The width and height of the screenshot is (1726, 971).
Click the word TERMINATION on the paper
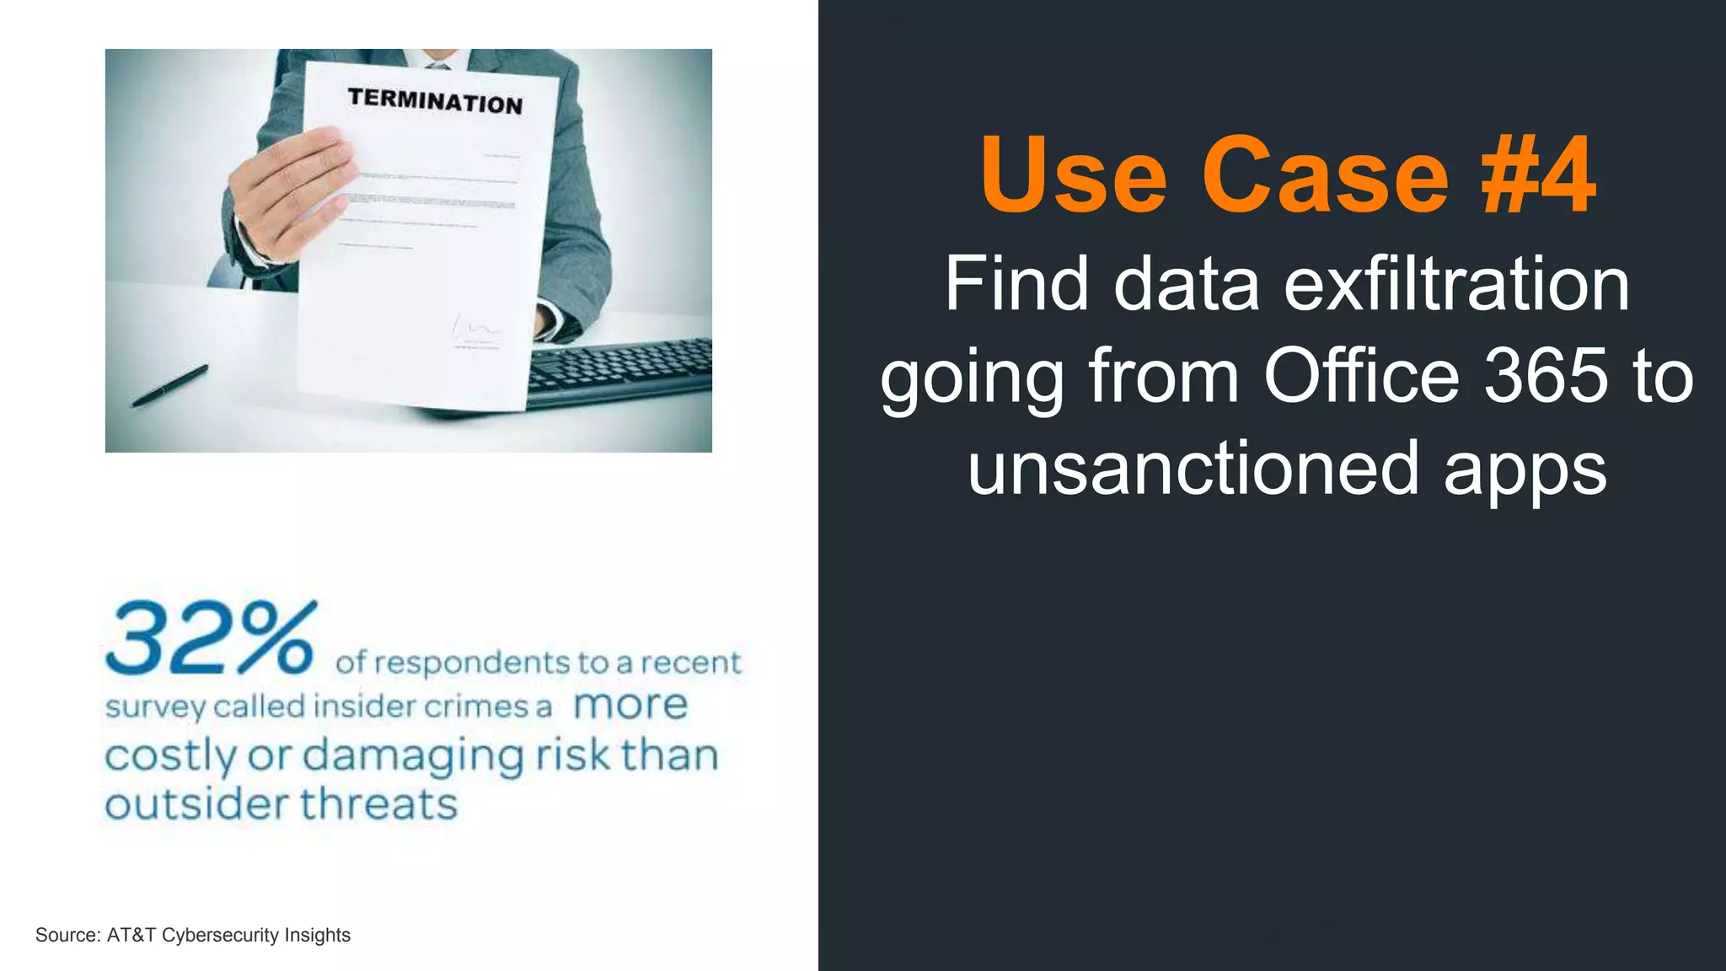pyautogui.click(x=435, y=101)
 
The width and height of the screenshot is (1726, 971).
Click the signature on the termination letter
pyautogui.click(x=476, y=328)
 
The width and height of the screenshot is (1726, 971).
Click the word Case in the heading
pyautogui.click(x=1325, y=175)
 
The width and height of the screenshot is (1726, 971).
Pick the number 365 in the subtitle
pyautogui.click(x=1546, y=376)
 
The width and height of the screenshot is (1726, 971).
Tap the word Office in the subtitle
pyautogui.click(x=1361, y=376)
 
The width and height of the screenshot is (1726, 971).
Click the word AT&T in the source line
pyautogui.click(x=131, y=935)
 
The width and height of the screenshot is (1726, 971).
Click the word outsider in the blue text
pyautogui.click(x=197, y=804)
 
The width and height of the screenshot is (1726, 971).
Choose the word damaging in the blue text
pyautogui.click(x=413, y=757)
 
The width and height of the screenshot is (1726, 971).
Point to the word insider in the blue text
pyautogui.click(x=365, y=706)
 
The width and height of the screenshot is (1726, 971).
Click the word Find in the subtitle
pyautogui.click(x=1016, y=284)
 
